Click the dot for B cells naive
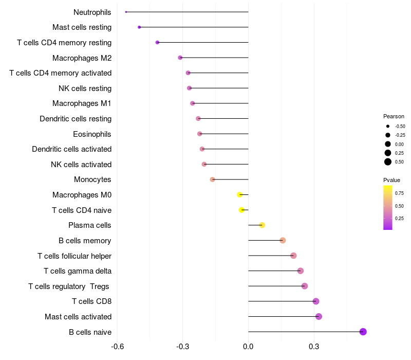363,332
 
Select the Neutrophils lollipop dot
126,12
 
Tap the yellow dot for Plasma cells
262,225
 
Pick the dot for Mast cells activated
319,316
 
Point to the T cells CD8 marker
316,301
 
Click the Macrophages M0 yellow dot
239,195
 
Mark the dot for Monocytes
212,179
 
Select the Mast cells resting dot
139,27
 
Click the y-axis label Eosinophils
92,134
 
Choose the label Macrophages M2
82,58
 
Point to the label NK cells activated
81,165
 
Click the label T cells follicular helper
74,256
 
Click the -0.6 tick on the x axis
117,347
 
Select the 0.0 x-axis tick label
248,347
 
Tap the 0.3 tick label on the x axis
314,347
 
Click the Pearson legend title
394,116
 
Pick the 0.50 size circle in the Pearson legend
388,162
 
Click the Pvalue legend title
391,180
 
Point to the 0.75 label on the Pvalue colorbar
399,193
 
